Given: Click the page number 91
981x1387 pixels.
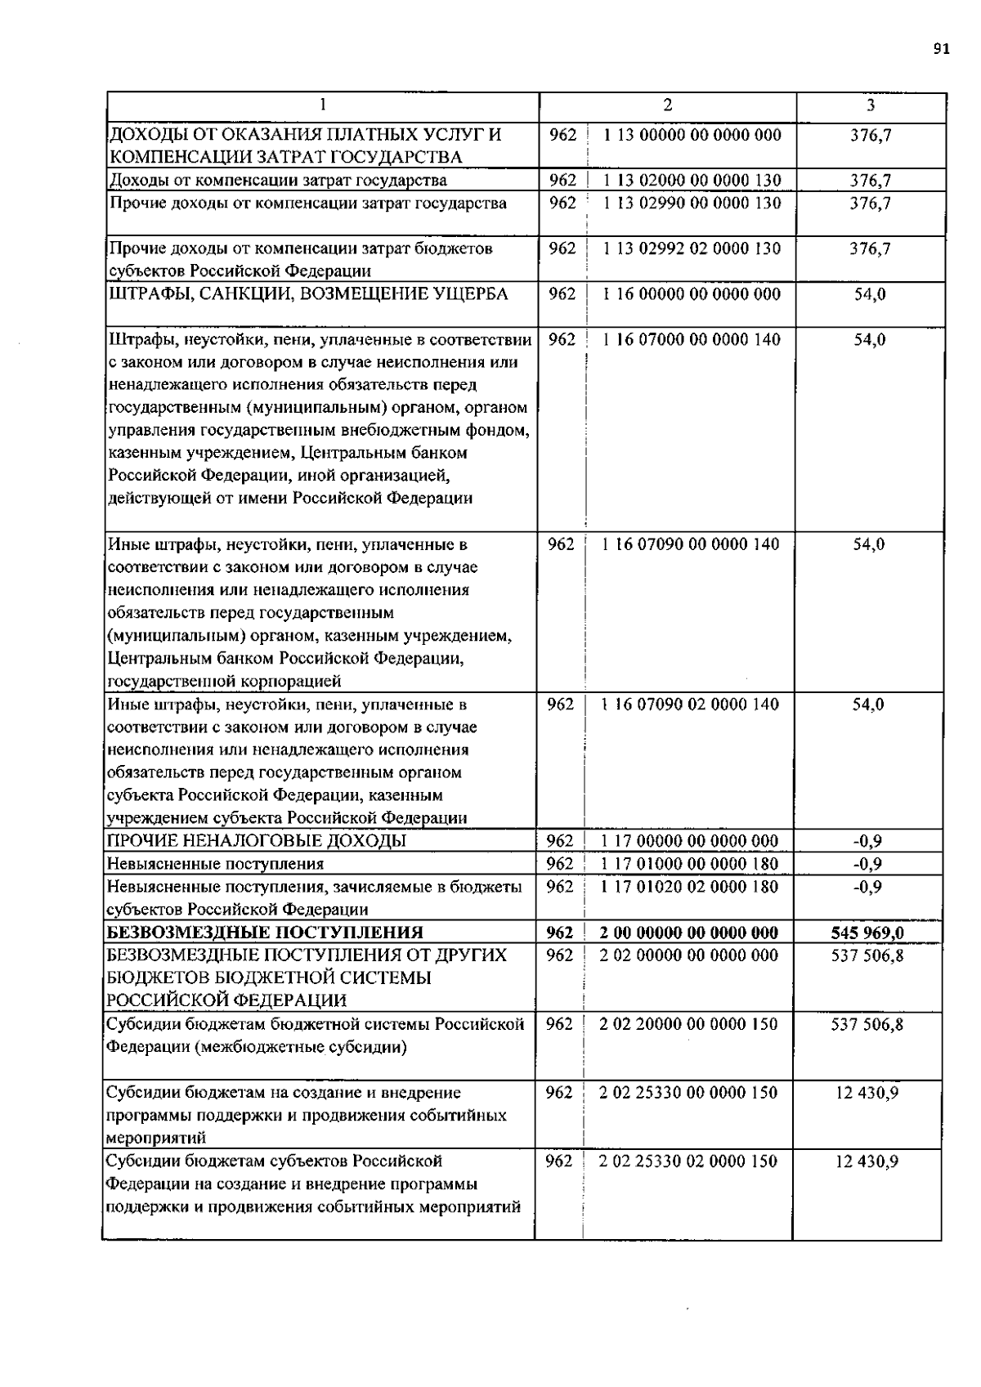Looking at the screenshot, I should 941,49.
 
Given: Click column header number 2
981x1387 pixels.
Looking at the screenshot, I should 668,105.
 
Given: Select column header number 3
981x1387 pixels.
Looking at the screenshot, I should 870,105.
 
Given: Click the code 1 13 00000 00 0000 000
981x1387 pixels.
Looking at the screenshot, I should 692,135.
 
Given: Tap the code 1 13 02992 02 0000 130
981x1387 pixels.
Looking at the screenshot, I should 692,248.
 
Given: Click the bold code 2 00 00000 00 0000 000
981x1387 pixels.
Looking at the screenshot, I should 688,933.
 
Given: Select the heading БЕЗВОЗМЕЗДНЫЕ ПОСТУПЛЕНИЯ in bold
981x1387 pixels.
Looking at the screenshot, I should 266,933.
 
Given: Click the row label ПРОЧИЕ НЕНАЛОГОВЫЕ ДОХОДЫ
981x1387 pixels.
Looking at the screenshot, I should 257,841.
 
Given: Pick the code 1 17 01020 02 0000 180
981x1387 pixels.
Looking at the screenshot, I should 689,887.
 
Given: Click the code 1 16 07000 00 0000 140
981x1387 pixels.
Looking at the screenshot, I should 691,340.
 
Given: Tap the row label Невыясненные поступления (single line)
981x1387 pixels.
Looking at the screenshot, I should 216,864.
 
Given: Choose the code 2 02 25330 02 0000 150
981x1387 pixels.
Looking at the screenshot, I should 688,1161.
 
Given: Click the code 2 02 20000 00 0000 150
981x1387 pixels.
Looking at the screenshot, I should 688,1024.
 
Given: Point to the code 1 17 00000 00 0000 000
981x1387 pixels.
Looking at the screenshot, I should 689,841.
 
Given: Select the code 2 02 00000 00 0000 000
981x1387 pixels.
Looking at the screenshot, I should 688,955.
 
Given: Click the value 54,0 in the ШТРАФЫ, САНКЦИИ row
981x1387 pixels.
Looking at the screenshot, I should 870,294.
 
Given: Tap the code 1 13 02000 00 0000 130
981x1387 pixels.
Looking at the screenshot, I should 692,181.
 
